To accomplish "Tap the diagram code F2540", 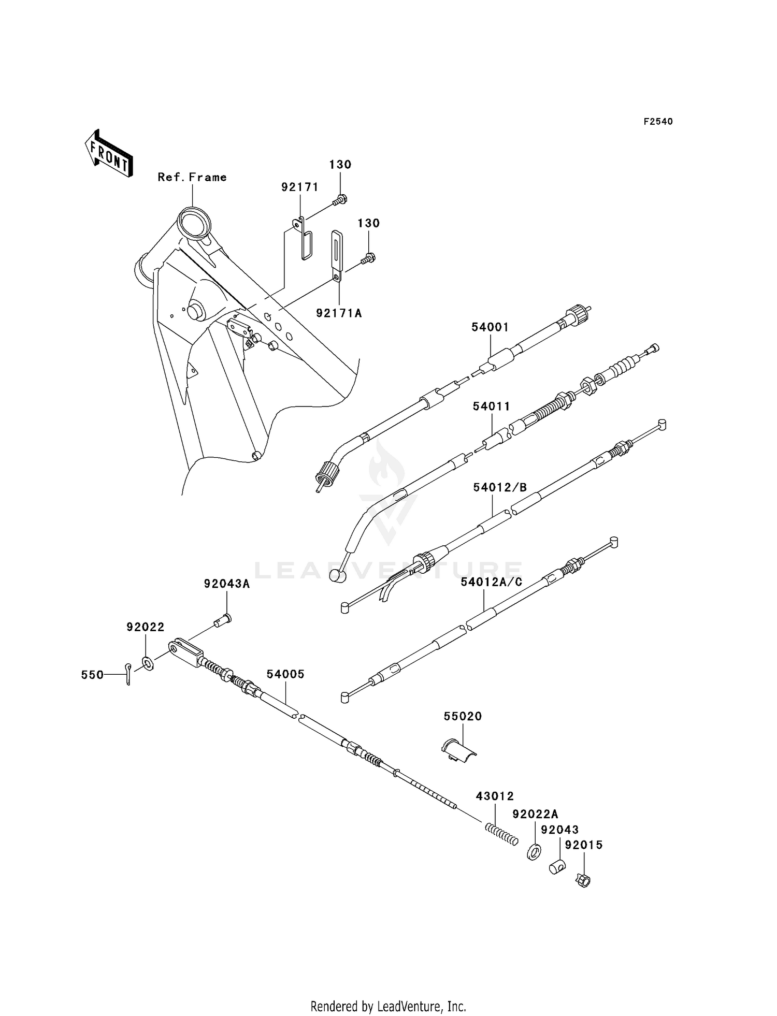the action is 658,122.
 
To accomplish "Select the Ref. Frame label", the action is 192,177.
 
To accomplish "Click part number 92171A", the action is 339,313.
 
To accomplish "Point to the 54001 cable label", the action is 490,327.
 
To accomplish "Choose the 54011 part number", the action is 491,407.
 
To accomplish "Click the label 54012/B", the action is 500,487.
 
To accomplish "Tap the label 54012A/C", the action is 492,582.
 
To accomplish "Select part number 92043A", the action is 226,584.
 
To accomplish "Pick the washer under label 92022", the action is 147,663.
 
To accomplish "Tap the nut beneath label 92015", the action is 584,879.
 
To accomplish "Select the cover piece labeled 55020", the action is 459,751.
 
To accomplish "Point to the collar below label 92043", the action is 557,866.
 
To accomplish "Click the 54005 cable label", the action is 285,674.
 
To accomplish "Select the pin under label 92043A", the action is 223,619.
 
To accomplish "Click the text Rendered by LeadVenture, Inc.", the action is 388,1007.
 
